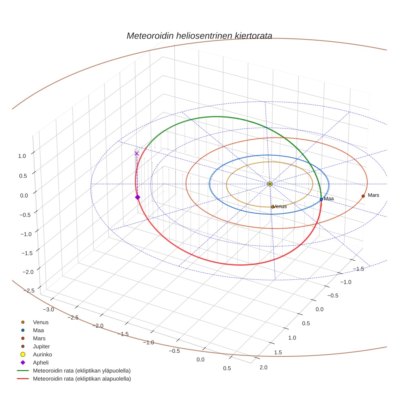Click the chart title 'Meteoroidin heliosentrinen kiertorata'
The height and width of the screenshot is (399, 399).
[x=199, y=36]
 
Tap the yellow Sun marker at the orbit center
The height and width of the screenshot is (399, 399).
[x=270, y=184]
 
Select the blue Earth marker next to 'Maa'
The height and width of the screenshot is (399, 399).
[x=321, y=199]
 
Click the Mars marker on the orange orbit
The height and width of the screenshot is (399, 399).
[x=363, y=196]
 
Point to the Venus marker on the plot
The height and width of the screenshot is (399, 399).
[x=272, y=207]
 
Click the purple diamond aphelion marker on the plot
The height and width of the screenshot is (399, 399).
[x=137, y=197]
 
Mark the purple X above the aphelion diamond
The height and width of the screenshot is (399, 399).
[x=137, y=153]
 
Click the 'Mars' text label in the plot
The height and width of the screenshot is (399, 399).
[x=373, y=195]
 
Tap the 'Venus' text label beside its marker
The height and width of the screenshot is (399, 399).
[x=280, y=206]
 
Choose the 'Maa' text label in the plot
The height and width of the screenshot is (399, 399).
[x=329, y=199]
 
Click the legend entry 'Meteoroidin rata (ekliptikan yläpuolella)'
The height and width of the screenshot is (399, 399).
[x=82, y=371]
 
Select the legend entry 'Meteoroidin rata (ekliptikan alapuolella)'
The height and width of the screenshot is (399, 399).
[x=82, y=379]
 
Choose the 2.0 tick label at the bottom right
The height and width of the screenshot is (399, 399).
[x=264, y=367]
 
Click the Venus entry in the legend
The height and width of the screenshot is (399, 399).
[x=41, y=322]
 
